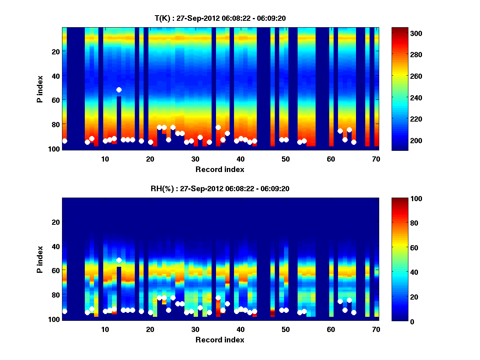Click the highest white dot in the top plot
[x=119, y=90]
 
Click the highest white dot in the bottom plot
[x=119, y=260]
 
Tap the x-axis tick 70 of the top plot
[x=376, y=159]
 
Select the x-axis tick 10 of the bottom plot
[x=105, y=329]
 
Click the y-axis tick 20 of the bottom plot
[x=56, y=222]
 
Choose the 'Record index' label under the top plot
[x=220, y=169]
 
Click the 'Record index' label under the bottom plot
[x=220, y=340]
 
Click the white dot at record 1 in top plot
[x=64, y=141]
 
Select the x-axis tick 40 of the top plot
[x=240, y=159]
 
